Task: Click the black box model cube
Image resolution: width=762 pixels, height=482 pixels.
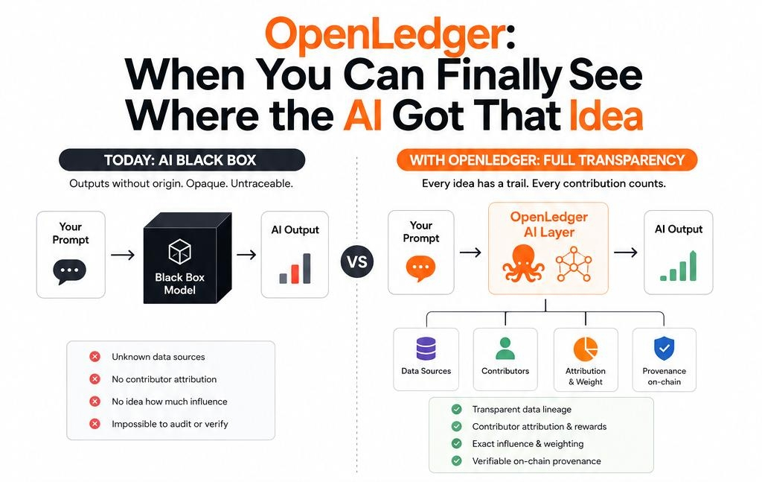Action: [187, 258]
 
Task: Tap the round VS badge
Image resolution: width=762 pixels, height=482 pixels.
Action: [357, 261]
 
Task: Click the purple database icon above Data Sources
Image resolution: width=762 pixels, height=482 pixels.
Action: [426, 349]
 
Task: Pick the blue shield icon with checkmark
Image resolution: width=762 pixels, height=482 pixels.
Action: [665, 348]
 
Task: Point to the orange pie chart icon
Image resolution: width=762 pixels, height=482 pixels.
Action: [586, 349]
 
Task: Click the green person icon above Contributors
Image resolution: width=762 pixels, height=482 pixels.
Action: [505, 349]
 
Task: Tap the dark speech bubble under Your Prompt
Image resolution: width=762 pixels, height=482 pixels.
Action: [69, 271]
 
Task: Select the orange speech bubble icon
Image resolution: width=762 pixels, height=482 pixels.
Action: [420, 269]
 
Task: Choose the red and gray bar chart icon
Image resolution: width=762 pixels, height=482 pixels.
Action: [295, 268]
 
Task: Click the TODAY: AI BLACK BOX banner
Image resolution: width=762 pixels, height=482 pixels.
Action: [182, 160]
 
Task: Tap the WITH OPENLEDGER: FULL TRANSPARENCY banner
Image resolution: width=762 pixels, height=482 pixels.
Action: [547, 160]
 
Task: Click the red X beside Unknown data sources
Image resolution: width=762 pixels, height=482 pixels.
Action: [95, 357]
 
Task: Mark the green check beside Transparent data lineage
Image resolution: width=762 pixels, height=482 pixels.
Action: [456, 409]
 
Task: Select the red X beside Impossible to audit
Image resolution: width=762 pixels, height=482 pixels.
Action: [95, 424]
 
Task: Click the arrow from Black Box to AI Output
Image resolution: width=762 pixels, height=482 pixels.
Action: [246, 254]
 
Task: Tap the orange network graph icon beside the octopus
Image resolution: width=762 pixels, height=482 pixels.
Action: [574, 264]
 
